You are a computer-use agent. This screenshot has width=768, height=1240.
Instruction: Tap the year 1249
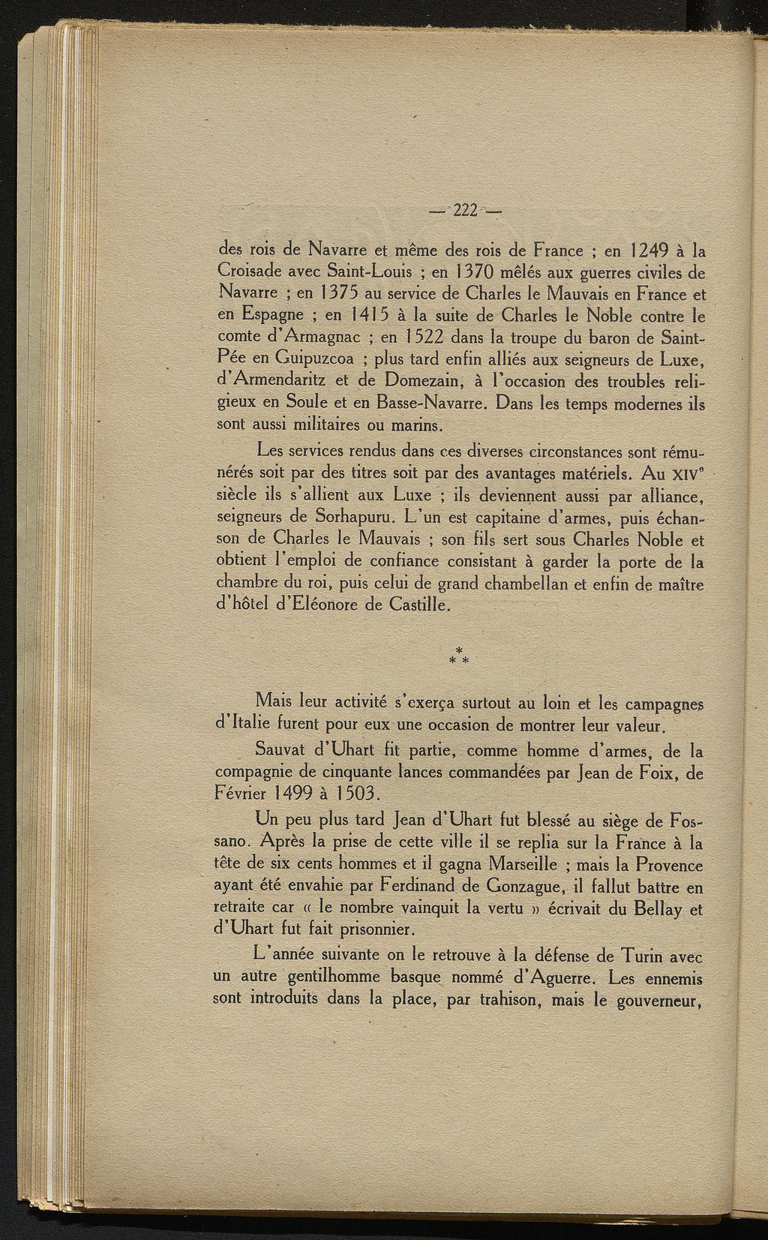click(x=650, y=251)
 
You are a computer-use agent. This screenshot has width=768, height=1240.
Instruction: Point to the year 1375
click(x=333, y=293)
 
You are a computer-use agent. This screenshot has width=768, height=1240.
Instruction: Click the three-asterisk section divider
click(x=459, y=656)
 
